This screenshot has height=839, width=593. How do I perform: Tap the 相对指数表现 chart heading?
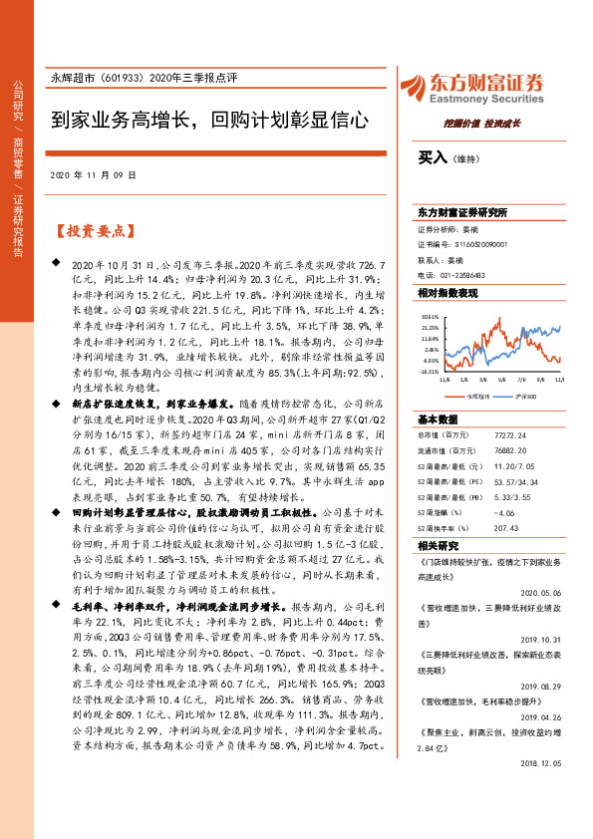[447, 293]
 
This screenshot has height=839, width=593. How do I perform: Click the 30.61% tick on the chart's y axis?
[431, 315]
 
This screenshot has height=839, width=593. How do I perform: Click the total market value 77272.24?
[509, 436]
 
